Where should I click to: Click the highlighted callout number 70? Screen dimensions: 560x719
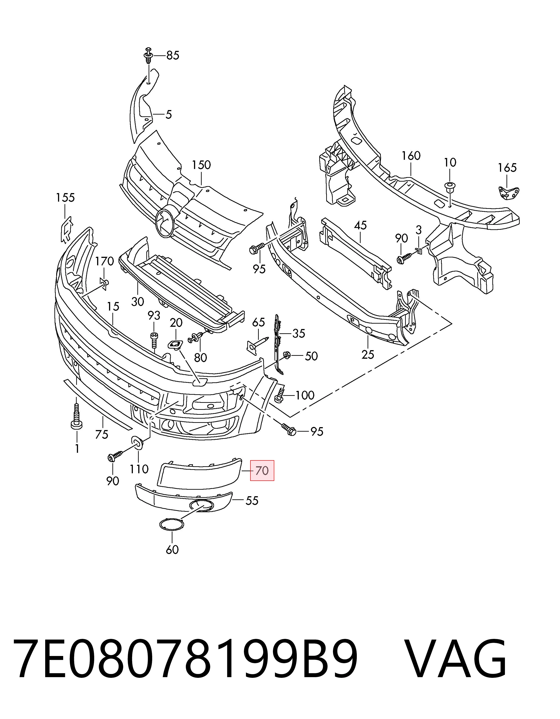(262, 471)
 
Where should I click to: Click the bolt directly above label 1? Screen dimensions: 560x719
(76, 417)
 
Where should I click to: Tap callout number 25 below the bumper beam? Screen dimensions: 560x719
(368, 355)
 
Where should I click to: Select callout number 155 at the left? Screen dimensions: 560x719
(65, 198)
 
